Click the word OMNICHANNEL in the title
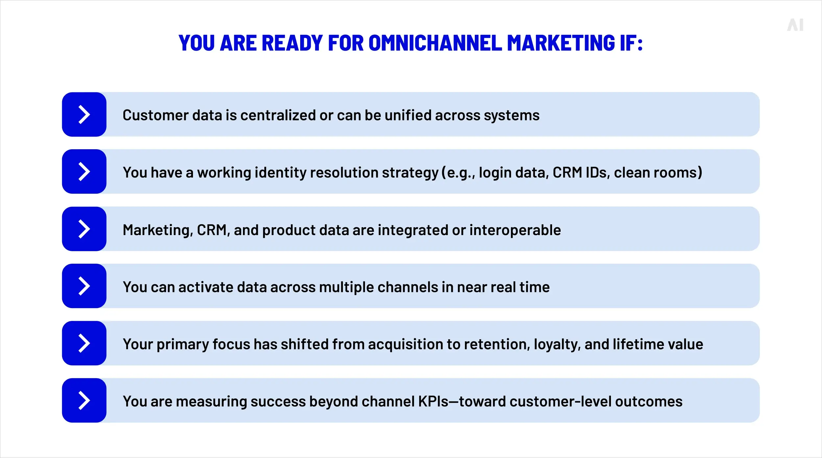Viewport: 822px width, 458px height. [435, 43]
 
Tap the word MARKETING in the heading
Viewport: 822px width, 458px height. [561, 43]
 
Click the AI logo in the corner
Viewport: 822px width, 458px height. [795, 25]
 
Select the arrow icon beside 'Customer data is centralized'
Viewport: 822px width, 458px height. [84, 114]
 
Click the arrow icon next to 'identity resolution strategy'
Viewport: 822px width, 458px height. [84, 172]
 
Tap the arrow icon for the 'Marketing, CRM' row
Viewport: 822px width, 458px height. [84, 229]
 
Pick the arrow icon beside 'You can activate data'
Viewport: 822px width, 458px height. [84, 286]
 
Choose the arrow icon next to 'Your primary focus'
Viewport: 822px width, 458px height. [84, 343]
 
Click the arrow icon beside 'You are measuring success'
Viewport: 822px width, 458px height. [84, 400]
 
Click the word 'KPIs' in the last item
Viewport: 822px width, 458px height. [433, 401]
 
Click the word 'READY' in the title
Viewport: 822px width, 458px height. [292, 43]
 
